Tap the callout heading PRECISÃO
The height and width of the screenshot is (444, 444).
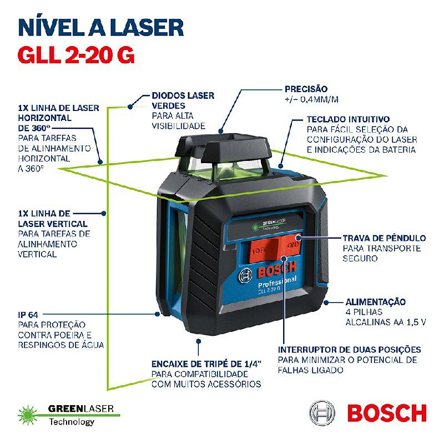306,89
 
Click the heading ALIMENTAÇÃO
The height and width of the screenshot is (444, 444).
376,302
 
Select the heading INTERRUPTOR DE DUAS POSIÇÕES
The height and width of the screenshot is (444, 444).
349,349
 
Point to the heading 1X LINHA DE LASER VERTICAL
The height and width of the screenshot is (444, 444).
44,218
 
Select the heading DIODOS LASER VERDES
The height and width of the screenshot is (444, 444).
183,100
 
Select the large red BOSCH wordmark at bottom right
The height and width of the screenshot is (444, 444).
386,413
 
